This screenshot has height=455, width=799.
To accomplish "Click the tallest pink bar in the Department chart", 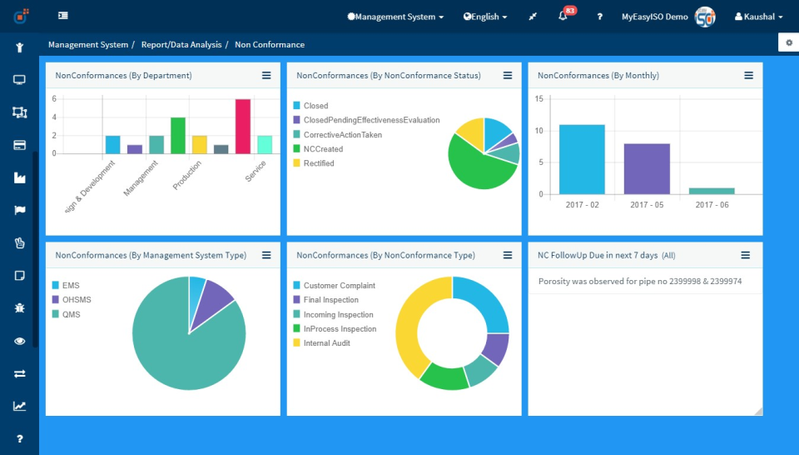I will [x=243, y=126].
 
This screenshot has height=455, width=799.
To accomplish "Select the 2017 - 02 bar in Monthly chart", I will [x=582, y=159].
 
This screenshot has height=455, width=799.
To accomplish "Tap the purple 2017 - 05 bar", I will [x=647, y=168].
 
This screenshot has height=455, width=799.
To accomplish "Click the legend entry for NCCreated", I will [x=323, y=149].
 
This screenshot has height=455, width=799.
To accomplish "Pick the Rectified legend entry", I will [x=319, y=163].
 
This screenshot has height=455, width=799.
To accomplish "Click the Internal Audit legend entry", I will [x=326, y=343].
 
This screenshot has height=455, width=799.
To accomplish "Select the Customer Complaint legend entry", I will [x=339, y=286].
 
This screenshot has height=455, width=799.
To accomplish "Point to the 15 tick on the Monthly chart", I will [x=538, y=99].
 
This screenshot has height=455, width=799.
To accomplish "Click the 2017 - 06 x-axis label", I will [x=711, y=205].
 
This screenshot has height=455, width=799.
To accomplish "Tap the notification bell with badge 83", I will [x=563, y=17].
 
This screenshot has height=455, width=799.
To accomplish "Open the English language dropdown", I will [x=485, y=17].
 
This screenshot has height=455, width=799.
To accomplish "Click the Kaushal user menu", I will [x=758, y=17].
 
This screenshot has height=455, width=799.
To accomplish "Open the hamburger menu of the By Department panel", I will [x=266, y=75].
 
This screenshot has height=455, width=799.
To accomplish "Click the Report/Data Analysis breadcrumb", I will [x=181, y=45].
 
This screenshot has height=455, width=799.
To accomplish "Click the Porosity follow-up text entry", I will [x=640, y=282].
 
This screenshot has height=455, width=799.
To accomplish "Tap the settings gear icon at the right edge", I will [x=789, y=42].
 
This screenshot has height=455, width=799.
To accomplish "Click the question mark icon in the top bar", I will [x=599, y=17].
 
